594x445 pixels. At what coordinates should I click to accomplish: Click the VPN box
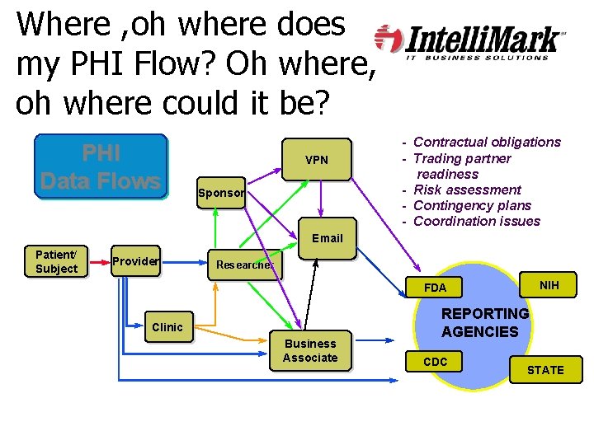[x=317, y=159]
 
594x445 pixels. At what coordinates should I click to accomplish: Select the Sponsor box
[x=220, y=194]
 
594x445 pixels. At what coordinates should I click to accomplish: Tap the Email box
[x=327, y=238]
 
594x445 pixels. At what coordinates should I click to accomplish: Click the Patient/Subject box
[x=57, y=262]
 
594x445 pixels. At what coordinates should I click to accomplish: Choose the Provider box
[x=135, y=261]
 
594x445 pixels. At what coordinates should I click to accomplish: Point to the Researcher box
[x=243, y=265]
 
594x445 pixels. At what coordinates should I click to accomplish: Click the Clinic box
[x=167, y=327]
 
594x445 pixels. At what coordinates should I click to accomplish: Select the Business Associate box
[x=310, y=351]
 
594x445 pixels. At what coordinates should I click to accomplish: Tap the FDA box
[x=435, y=288]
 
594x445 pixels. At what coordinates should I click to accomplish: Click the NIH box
[x=549, y=285]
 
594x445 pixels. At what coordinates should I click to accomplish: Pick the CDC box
[x=435, y=362]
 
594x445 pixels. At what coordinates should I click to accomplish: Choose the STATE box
[x=545, y=370]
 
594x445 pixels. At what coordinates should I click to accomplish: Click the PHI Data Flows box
[x=100, y=167]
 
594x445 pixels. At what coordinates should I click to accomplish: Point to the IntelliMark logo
[x=470, y=40]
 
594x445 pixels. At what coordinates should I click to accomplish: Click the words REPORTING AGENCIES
[x=485, y=323]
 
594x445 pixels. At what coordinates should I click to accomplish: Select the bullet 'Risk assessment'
[x=467, y=190]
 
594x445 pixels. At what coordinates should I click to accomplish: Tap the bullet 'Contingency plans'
[x=472, y=205]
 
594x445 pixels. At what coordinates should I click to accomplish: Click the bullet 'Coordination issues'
[x=476, y=221]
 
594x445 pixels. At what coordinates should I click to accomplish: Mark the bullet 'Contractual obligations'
[x=486, y=142]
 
